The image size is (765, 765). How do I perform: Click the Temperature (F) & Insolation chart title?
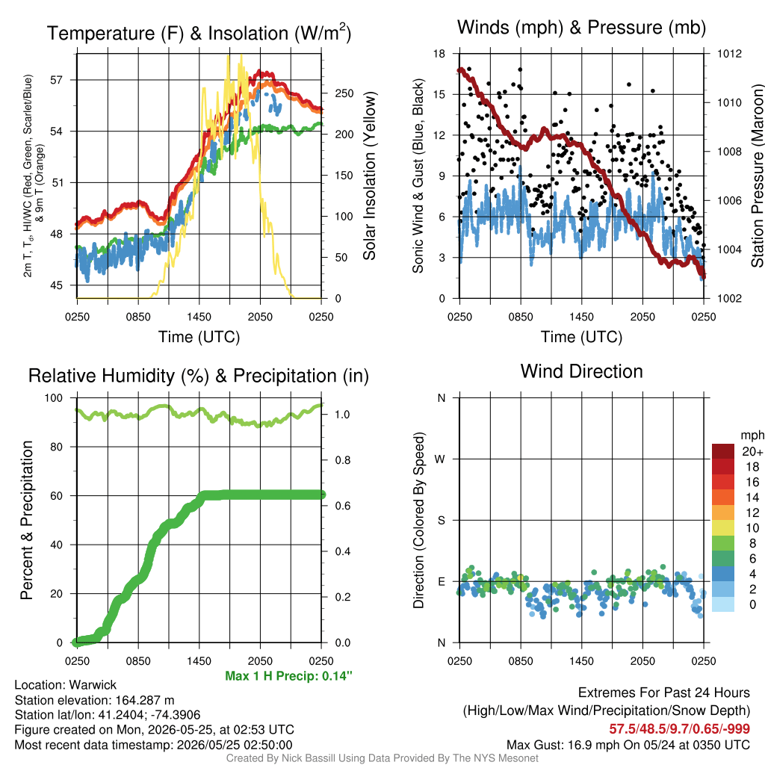(x=199, y=33)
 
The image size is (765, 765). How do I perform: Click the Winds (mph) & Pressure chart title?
(x=581, y=28)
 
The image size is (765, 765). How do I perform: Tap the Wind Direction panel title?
(x=581, y=371)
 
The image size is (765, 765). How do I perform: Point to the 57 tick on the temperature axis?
(x=57, y=79)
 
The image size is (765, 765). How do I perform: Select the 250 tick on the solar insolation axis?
(x=344, y=93)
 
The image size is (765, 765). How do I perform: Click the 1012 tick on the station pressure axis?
(x=729, y=54)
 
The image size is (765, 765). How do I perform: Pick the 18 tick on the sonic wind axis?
(x=439, y=54)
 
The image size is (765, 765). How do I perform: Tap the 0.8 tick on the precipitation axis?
(x=342, y=460)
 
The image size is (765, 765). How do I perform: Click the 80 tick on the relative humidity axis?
(x=57, y=447)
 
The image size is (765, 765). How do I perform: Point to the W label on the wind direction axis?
(x=440, y=459)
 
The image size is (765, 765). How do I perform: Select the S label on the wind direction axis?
(x=441, y=521)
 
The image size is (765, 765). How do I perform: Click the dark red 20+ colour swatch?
(x=723, y=451)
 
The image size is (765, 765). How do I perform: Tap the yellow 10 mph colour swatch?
(x=723, y=528)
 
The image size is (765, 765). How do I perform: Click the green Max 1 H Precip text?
(x=289, y=675)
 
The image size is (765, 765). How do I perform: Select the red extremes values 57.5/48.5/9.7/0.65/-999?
(x=680, y=729)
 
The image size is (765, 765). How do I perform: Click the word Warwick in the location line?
(x=93, y=685)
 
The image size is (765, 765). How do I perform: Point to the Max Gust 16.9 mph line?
(x=628, y=745)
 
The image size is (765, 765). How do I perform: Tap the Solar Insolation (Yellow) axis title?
(x=369, y=176)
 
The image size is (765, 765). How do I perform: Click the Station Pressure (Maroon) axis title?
(x=757, y=176)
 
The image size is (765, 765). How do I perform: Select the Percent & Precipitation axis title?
(x=27, y=520)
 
